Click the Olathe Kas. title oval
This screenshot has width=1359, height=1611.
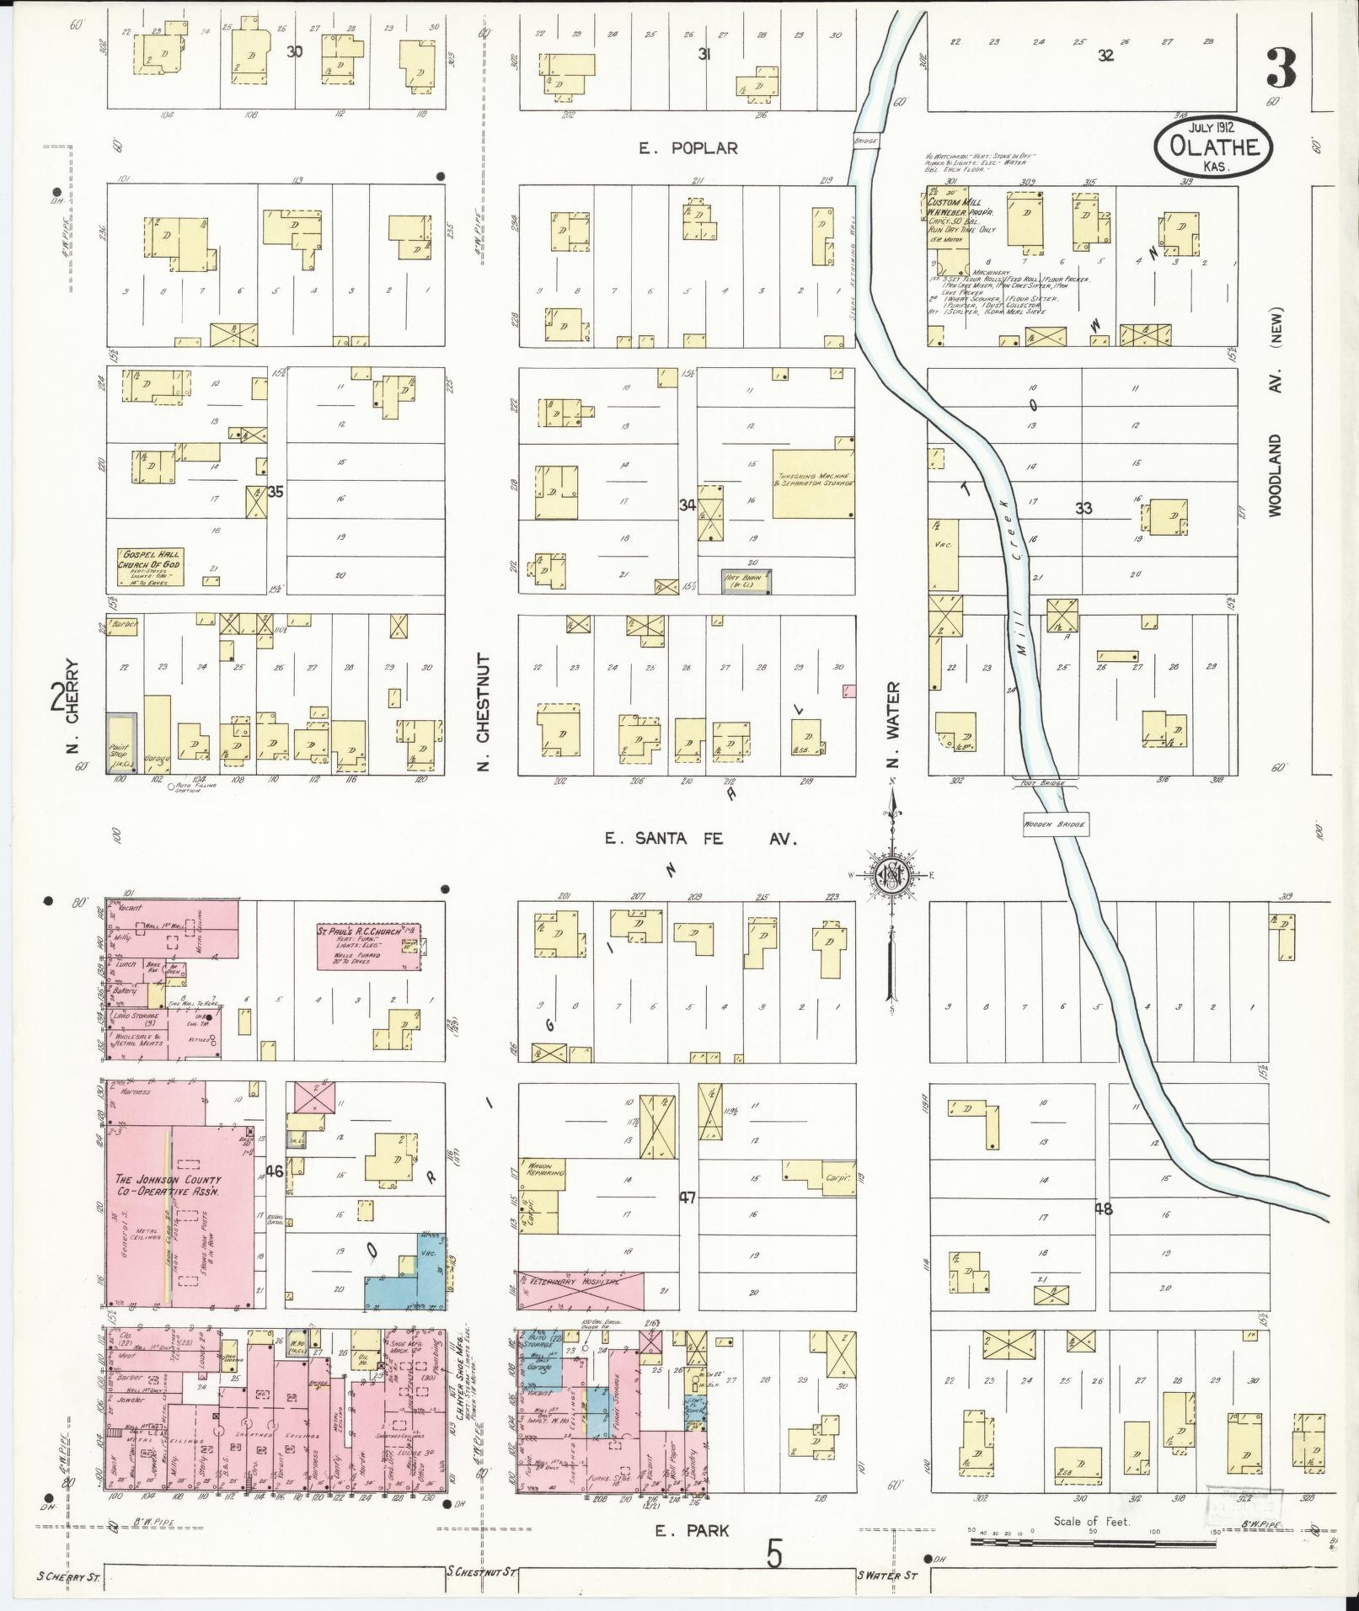click(1212, 147)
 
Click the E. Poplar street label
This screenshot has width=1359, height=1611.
click(688, 148)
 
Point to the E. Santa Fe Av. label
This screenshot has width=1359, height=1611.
click(699, 839)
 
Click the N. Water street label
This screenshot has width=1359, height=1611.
click(893, 725)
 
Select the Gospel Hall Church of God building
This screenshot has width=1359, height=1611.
click(152, 568)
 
